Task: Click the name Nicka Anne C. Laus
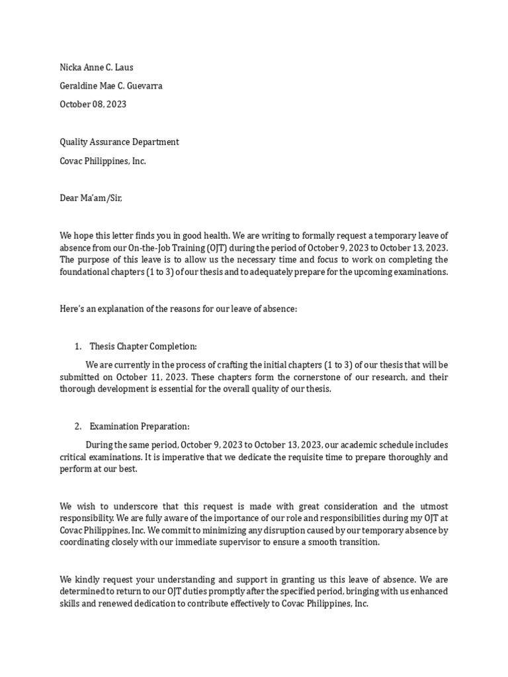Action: [101, 67]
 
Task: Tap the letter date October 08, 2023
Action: [93, 104]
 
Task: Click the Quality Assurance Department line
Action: [119, 141]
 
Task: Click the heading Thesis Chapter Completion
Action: [144, 346]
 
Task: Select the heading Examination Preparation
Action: [140, 426]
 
